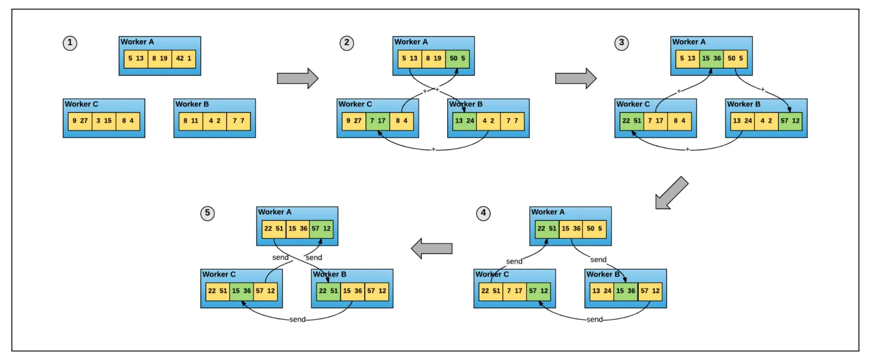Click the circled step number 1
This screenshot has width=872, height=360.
pyautogui.click(x=70, y=43)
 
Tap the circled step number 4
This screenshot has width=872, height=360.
pyautogui.click(x=483, y=213)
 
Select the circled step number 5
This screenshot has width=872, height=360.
pyautogui.click(x=207, y=213)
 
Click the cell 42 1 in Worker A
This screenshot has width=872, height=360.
pyautogui.click(x=184, y=59)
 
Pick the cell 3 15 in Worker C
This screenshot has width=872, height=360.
pyautogui.click(x=104, y=121)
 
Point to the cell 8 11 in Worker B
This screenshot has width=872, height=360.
pyautogui.click(x=190, y=121)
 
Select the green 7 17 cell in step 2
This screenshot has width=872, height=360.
pyautogui.click(x=378, y=121)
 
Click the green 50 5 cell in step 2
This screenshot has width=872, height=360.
pyautogui.click(x=457, y=59)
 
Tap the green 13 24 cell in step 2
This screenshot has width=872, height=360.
pyautogui.click(x=464, y=121)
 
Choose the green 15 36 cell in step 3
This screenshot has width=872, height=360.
pyautogui.click(x=711, y=59)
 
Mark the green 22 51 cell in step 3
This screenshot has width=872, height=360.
pyautogui.click(x=631, y=121)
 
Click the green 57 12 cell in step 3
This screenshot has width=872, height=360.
pyautogui.click(x=790, y=121)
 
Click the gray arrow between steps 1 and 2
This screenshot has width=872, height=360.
pyautogui.click(x=297, y=79)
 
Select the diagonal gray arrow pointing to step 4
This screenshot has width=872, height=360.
pyautogui.click(x=672, y=192)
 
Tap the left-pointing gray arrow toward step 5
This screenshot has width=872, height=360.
pyautogui.click(x=432, y=249)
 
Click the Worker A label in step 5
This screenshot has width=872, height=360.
pyautogui.click(x=275, y=212)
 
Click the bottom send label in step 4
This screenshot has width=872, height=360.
pyautogui.click(x=594, y=319)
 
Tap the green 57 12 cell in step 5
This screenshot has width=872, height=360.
pyautogui.click(x=321, y=229)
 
